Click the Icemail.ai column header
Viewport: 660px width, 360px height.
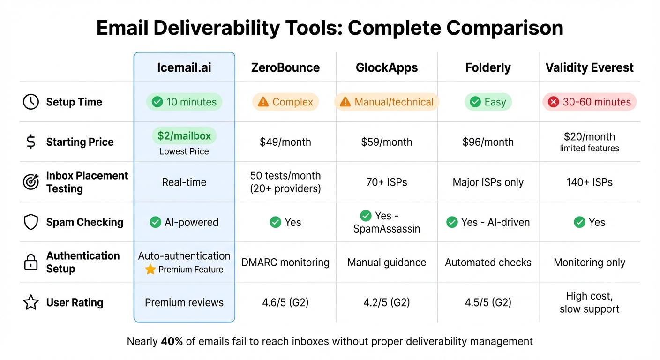(184, 67)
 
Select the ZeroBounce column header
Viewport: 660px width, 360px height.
(285, 67)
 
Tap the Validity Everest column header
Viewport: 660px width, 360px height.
(589, 67)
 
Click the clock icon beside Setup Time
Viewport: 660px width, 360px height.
(31, 102)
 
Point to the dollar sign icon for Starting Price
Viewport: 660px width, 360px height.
(31, 142)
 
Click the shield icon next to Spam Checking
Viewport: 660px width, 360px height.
(31, 222)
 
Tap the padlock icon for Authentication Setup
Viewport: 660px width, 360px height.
(31, 262)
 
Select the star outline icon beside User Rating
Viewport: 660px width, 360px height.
(31, 303)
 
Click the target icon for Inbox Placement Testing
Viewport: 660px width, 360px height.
(31, 182)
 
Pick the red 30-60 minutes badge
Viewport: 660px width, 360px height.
(589, 102)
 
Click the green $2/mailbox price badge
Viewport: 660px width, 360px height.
(184, 136)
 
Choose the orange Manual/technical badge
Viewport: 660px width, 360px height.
(387, 102)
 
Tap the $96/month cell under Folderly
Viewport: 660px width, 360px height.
(488, 142)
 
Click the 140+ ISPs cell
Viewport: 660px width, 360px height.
(589, 182)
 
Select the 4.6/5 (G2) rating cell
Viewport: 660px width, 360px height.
(285, 303)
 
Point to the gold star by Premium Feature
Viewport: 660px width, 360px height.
(150, 270)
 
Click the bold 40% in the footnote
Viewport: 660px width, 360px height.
(172, 341)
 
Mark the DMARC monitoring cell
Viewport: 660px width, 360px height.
(285, 262)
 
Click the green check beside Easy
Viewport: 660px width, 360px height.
(475, 102)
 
